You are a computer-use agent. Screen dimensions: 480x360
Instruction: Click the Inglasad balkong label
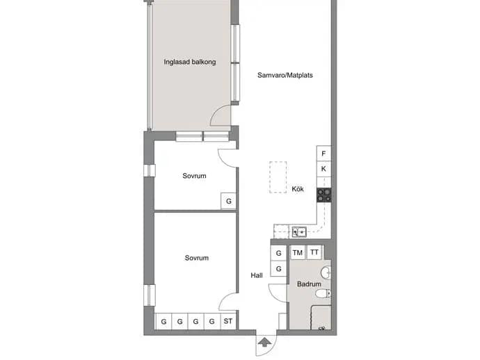tap(190, 62)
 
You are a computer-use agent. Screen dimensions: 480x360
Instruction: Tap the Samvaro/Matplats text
tap(285, 75)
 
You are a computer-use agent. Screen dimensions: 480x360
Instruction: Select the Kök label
tap(298, 189)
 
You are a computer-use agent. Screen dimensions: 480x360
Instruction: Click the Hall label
tap(257, 276)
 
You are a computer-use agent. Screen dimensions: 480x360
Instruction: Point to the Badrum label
tap(309, 284)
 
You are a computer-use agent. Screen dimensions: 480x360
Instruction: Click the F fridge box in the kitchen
tap(323, 154)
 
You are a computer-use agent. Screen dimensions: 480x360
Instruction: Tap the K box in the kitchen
tap(323, 169)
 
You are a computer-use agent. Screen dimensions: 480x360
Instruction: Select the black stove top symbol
tap(324, 195)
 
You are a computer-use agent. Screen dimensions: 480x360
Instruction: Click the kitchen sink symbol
tap(299, 232)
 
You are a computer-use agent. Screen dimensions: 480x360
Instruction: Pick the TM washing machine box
tap(298, 253)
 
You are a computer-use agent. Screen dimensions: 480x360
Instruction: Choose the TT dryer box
tap(314, 252)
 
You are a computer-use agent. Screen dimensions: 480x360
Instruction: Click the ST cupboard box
tap(228, 321)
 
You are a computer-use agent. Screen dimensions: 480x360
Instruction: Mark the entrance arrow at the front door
tap(264, 342)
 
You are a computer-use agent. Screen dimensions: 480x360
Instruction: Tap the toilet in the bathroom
tap(323, 294)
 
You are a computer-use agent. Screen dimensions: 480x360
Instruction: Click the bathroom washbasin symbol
tap(326, 272)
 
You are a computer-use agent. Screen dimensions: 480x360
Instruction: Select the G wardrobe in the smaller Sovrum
tap(228, 201)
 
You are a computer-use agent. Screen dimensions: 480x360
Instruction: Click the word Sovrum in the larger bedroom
tap(197, 258)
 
